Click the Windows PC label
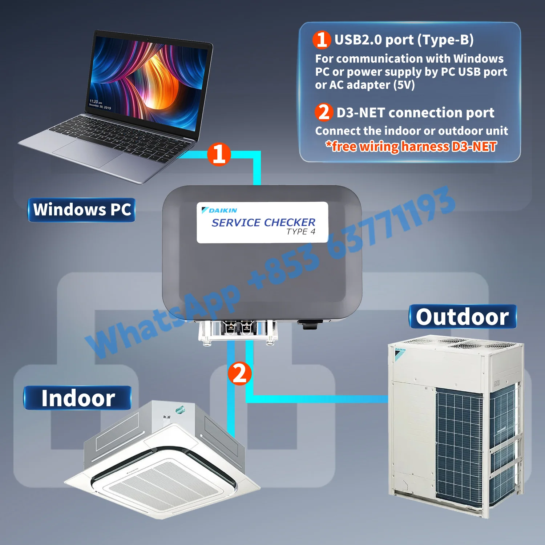click(82, 210)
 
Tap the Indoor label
click(78, 398)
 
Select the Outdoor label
click(462, 317)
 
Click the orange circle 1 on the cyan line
click(219, 154)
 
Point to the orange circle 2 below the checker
click(239, 373)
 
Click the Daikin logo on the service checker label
click(219, 210)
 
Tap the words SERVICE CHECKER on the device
click(263, 222)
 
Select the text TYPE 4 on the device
click(300, 232)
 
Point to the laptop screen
click(149, 80)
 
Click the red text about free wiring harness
click(411, 146)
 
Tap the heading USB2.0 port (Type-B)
click(404, 40)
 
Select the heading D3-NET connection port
click(415, 113)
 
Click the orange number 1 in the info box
click(322, 40)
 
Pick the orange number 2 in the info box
click(323, 112)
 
